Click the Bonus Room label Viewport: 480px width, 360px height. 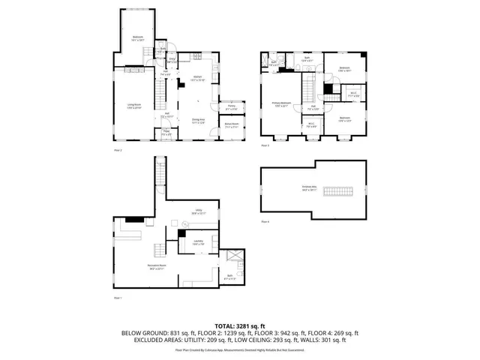coord(232,125)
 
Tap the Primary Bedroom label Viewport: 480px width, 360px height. coord(282,104)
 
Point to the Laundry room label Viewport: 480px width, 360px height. coord(197,242)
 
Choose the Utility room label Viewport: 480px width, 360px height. coord(199,211)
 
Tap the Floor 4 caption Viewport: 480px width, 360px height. coord(265,222)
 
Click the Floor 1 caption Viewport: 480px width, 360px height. coord(116,298)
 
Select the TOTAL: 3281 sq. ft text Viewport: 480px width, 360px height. coord(240,326)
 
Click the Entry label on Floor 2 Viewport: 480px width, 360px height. coord(172,59)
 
